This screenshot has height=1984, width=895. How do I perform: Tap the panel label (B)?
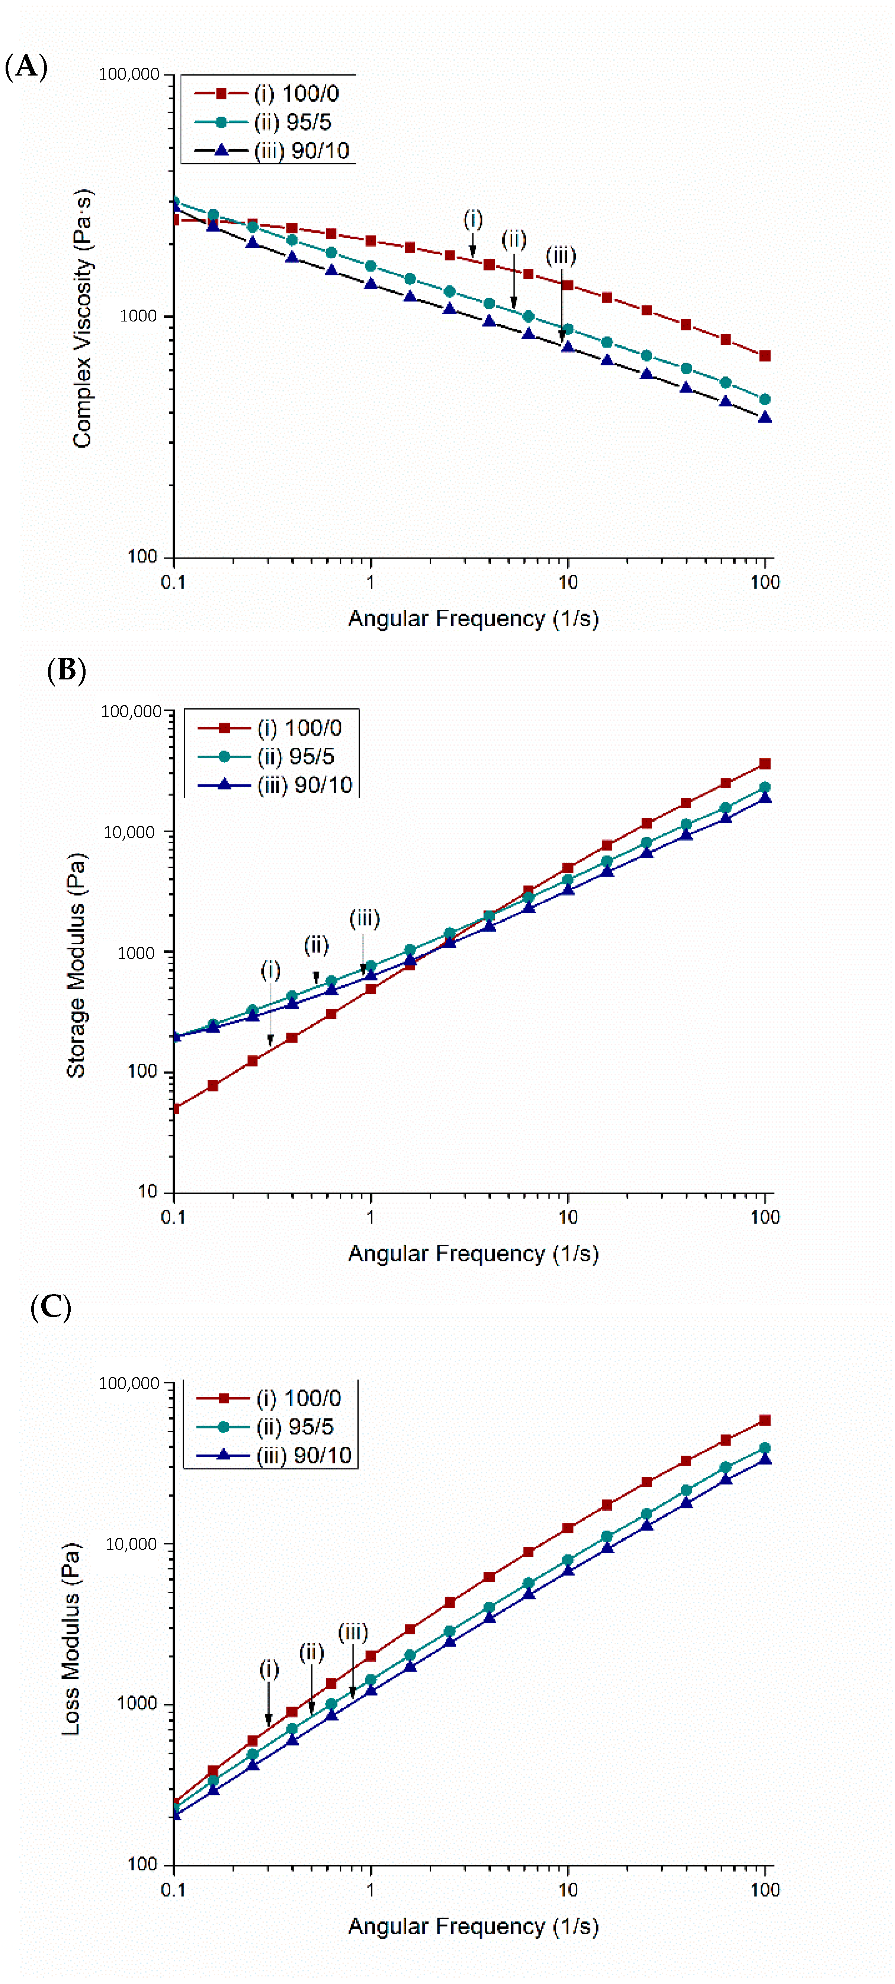66,670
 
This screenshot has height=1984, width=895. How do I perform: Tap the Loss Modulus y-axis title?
71,1638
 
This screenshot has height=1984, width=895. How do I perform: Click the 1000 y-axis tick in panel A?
138,316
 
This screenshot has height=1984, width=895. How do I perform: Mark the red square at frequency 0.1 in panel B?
175,1108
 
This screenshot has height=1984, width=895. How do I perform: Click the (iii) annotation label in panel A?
561,256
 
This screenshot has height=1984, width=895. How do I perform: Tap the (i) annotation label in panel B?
270,970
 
